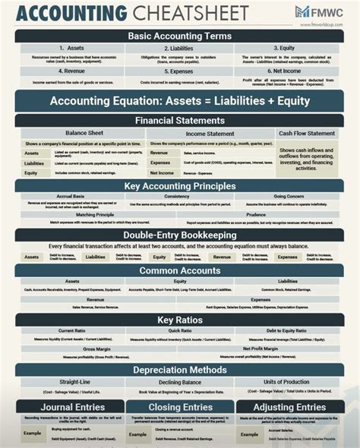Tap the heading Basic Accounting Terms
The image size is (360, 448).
180,36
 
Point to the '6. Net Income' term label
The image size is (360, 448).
288,71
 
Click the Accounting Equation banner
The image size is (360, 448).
180,101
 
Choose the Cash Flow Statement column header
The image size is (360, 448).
307,134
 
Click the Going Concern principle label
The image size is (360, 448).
289,196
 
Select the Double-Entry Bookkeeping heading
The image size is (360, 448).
180,235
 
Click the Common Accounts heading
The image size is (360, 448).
180,270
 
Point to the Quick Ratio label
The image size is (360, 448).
180,330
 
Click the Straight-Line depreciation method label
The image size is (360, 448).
75,382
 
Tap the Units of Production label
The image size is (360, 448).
288,382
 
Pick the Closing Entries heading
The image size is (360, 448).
180,407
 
